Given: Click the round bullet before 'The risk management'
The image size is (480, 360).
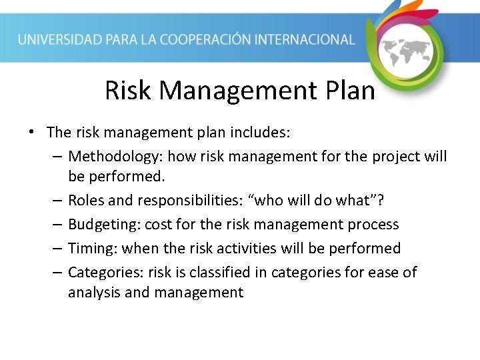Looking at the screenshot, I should click(32, 133).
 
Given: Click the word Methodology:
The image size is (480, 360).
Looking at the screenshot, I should click(115, 157).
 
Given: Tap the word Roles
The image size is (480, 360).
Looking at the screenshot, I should click(86, 201).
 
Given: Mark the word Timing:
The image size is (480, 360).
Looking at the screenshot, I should click(91, 249).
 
